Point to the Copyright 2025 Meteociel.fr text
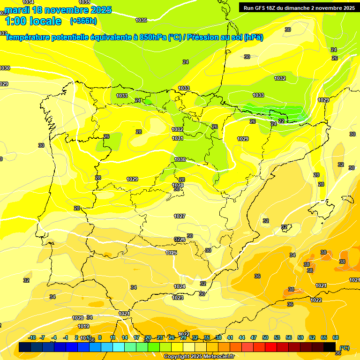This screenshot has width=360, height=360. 199,357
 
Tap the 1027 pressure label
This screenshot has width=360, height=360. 180,216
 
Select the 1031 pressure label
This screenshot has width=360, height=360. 178,138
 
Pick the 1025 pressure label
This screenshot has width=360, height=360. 171,253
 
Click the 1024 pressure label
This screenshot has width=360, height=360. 180,286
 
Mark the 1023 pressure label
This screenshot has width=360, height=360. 178,298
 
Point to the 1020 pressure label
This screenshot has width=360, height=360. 78,318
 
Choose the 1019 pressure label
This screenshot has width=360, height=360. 83,326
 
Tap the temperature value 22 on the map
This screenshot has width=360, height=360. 281,120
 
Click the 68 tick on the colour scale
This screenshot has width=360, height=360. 336,337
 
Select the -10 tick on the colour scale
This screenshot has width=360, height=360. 32,337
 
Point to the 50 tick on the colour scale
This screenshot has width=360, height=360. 265,337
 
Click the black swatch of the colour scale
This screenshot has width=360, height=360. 330,347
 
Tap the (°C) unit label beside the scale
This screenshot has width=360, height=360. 345,348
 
